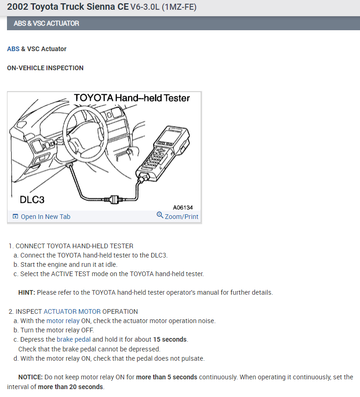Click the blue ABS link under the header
pos(13,49)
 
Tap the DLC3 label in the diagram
pos(32,199)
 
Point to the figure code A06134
pos(183,207)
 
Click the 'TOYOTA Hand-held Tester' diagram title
pos(132,98)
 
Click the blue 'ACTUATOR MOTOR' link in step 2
pos(72,311)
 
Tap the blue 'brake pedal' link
pos(73,339)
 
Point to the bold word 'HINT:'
pos(26,292)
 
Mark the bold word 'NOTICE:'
pos(30,377)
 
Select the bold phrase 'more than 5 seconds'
pos(166,377)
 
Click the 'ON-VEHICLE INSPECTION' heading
pos(45,68)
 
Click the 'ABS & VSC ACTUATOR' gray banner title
pos(46,23)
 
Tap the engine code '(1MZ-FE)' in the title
pos(183,8)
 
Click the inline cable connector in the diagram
pos(113,199)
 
